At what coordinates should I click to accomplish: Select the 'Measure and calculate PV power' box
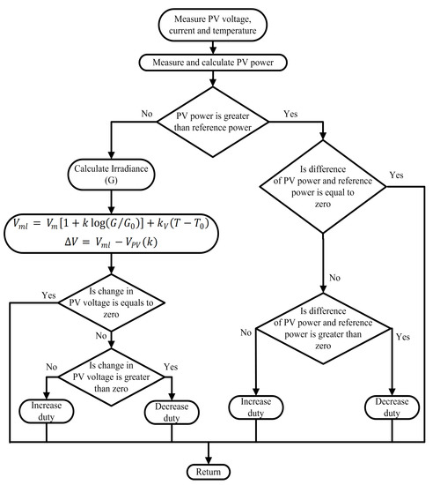(x=209, y=62)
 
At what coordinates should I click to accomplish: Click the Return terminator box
(x=209, y=469)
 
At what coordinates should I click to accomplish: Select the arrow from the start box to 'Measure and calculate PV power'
(x=209, y=47)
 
